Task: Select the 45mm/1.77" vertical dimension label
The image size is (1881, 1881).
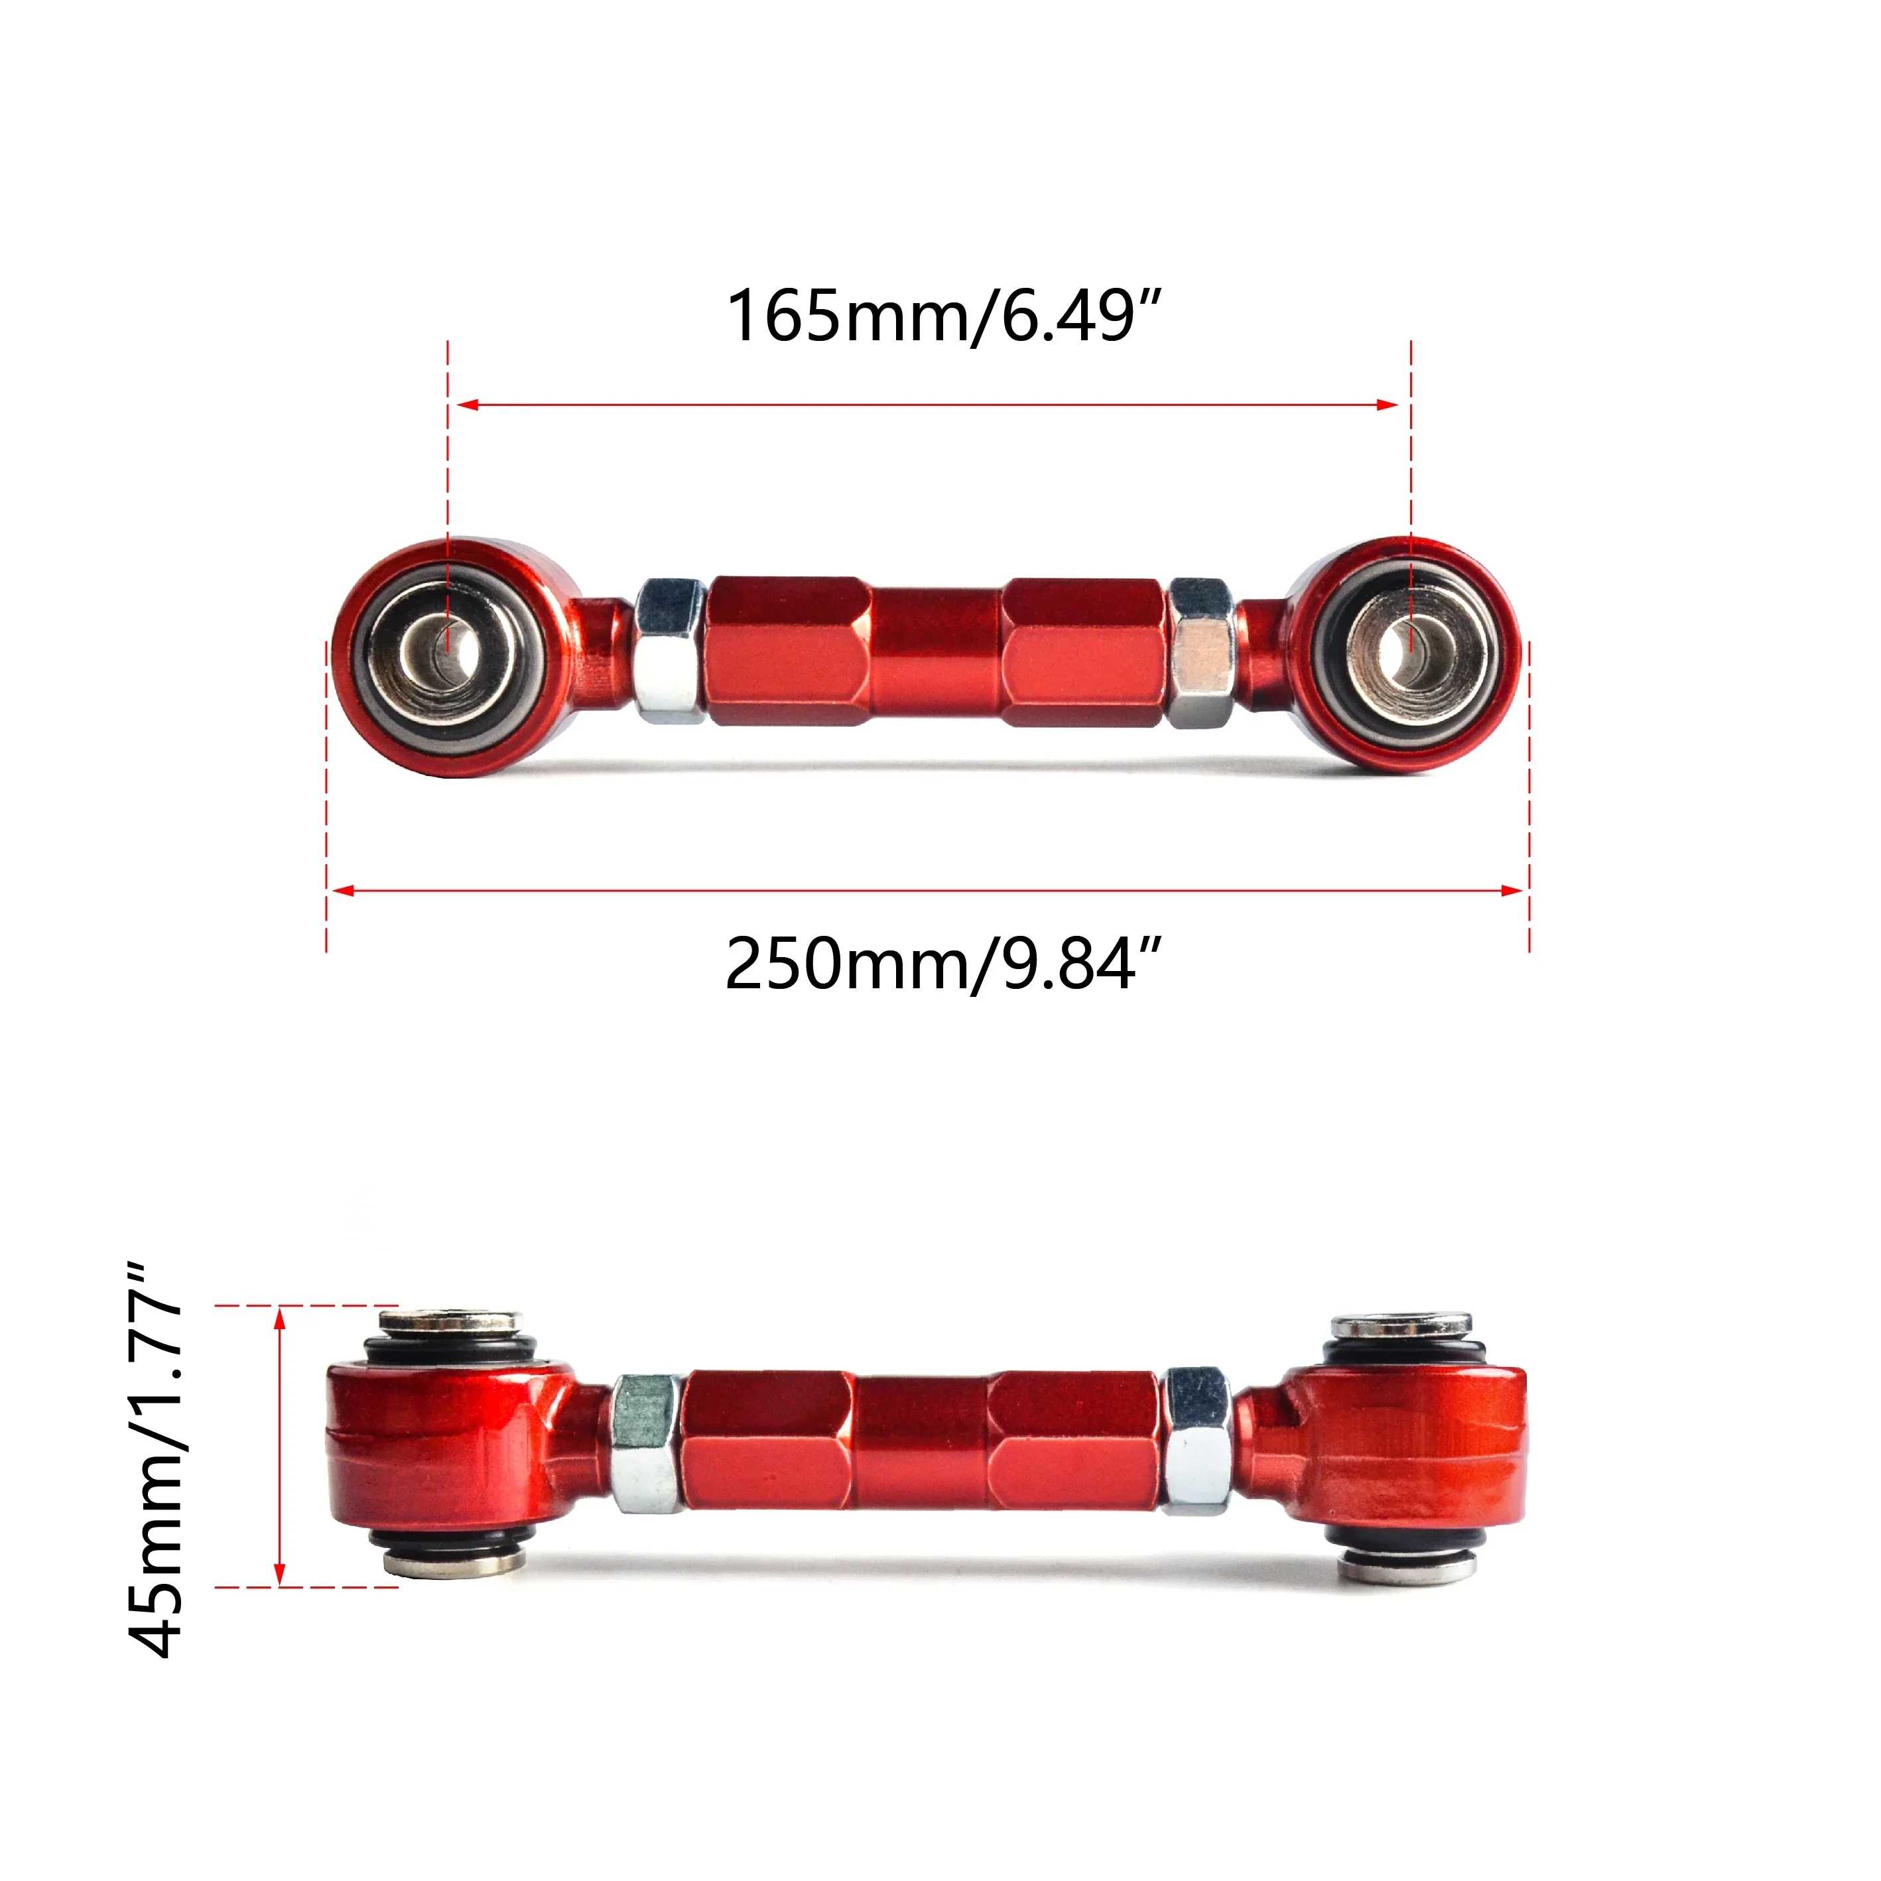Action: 156,1460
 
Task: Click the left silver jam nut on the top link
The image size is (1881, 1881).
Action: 670,651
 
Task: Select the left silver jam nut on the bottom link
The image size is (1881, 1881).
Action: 645,1444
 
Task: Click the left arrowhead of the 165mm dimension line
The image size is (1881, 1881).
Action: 466,404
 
